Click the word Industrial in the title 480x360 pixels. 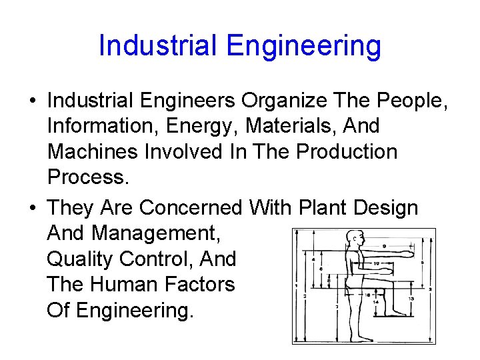click(157, 46)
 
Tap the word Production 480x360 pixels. click(347, 151)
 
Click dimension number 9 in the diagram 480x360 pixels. click(385, 247)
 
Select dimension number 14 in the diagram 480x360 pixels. click(375, 301)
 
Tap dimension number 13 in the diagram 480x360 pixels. click(411, 299)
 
